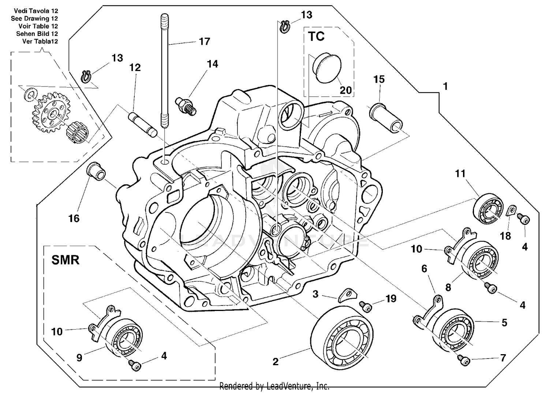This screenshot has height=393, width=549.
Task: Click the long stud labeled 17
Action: click(x=164, y=70)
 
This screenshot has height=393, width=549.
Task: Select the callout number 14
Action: click(x=212, y=64)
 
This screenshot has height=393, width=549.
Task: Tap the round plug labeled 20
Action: click(x=327, y=69)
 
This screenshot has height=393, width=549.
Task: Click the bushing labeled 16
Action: click(x=96, y=170)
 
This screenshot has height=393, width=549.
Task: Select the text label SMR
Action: click(x=65, y=260)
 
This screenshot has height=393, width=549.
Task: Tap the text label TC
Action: click(x=316, y=37)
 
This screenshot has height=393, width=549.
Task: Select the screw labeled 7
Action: click(x=464, y=361)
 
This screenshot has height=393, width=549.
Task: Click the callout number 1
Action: click(x=445, y=86)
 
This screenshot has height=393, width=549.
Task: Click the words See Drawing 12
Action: click(x=34, y=18)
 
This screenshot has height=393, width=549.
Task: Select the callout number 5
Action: click(x=504, y=323)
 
